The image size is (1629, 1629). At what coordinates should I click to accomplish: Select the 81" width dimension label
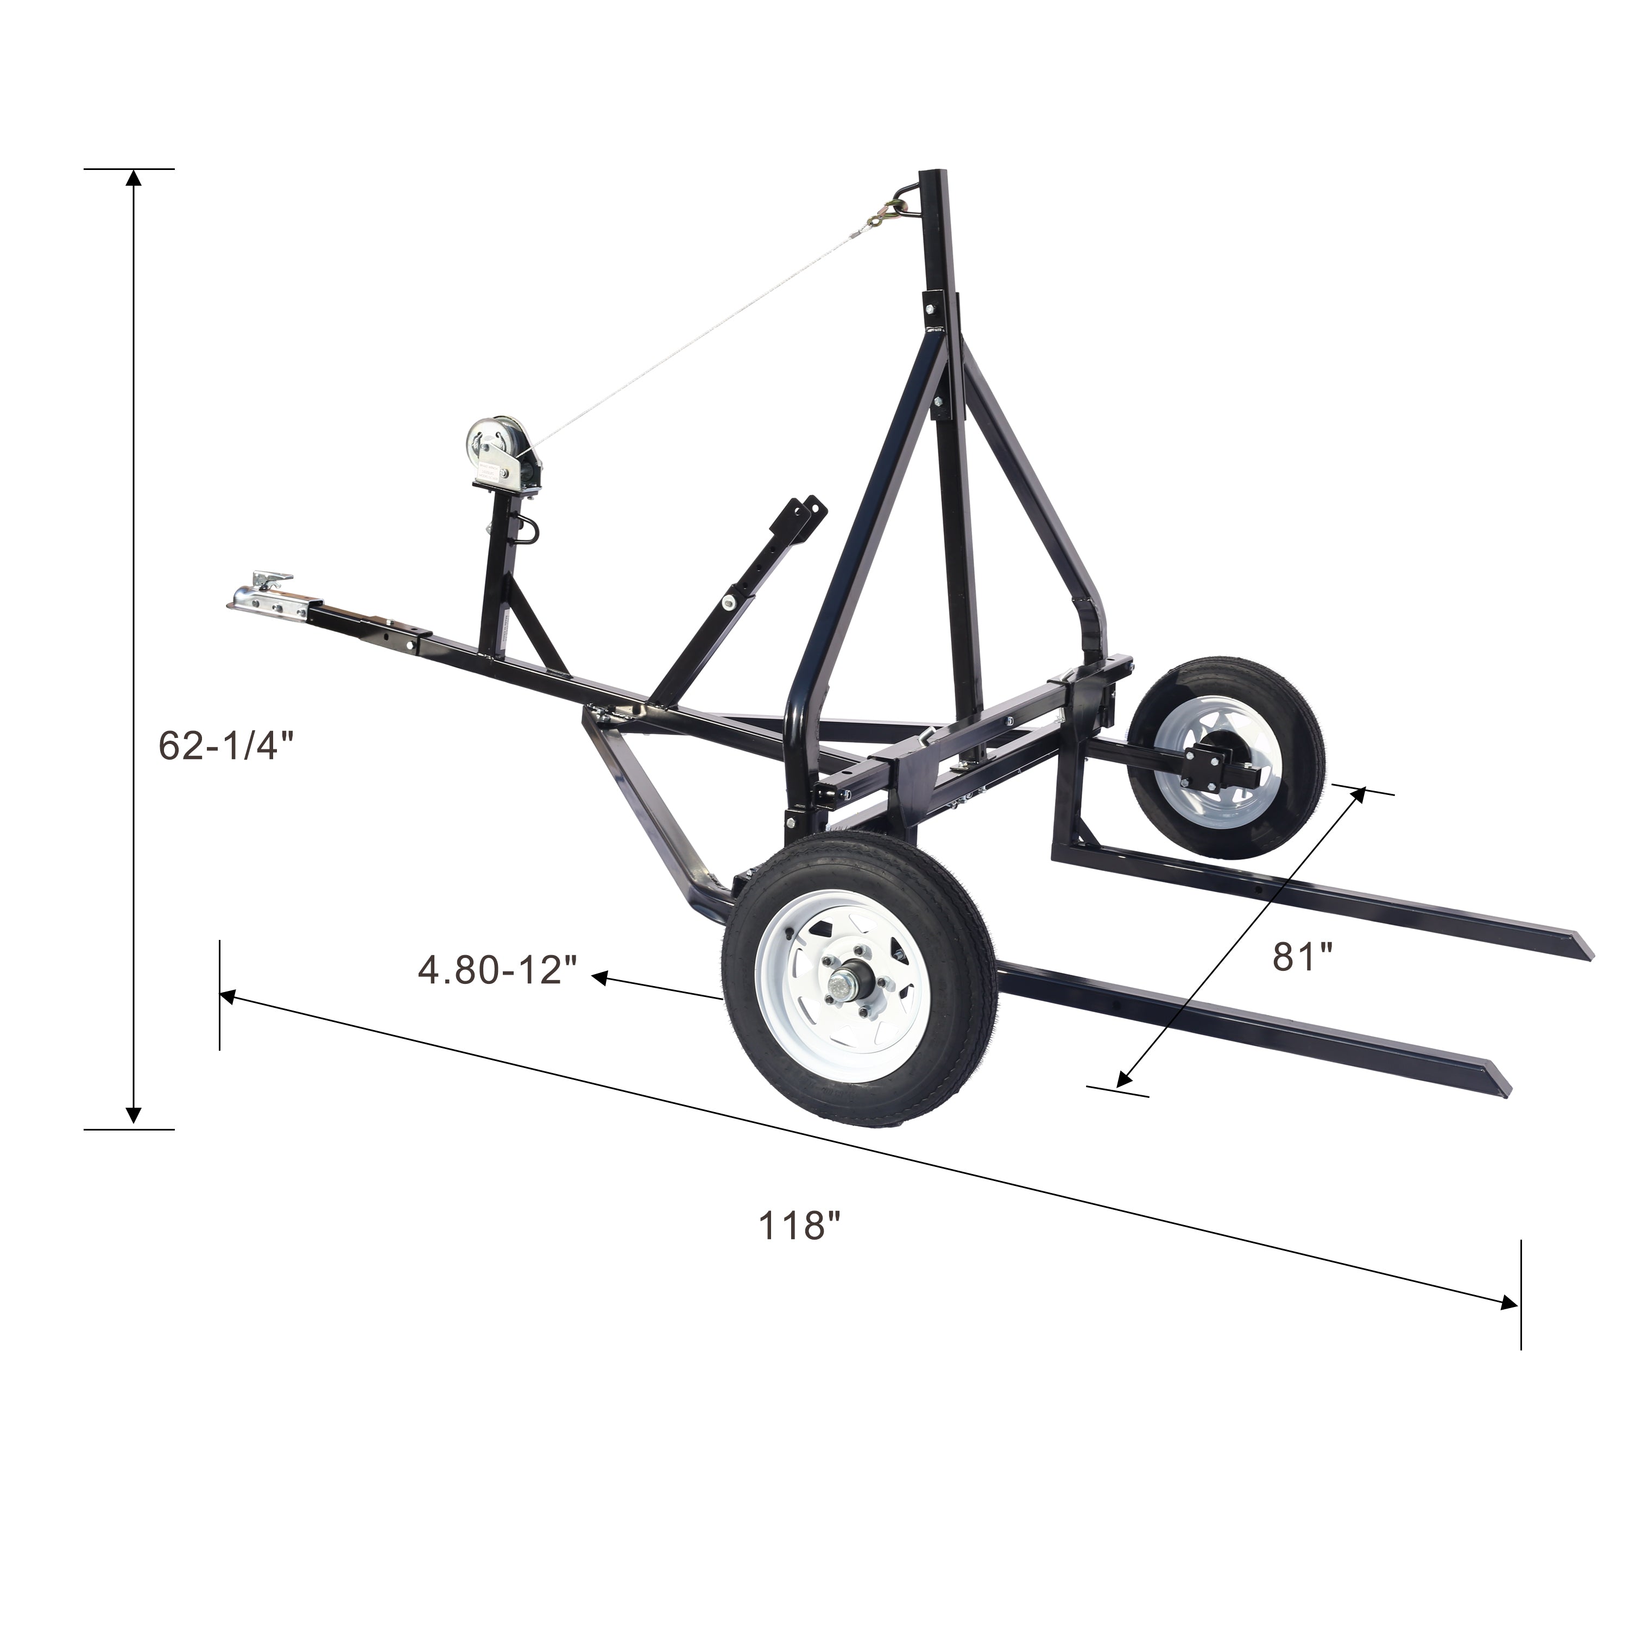[x=1303, y=956]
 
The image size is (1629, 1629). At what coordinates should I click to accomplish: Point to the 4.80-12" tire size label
[x=497, y=970]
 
